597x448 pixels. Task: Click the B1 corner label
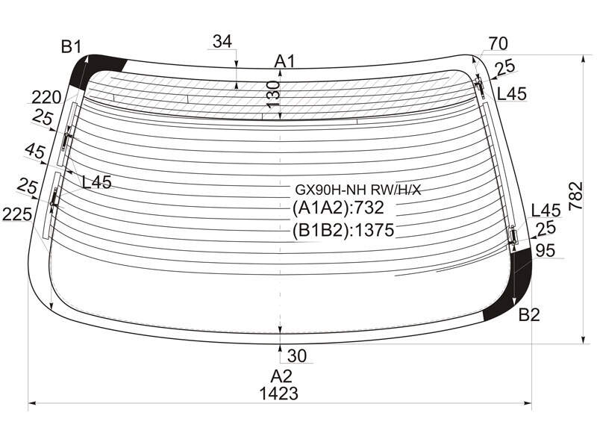click(x=71, y=47)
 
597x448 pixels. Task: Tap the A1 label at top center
click(x=285, y=61)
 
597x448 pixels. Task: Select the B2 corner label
click(x=529, y=315)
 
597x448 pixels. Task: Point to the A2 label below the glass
click(x=281, y=376)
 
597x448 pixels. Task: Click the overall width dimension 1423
click(x=278, y=393)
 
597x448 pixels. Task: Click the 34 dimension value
click(x=222, y=41)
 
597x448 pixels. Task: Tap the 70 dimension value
click(x=498, y=44)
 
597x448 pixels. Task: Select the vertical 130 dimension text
click(x=274, y=94)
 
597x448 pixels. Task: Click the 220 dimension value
click(x=46, y=98)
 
